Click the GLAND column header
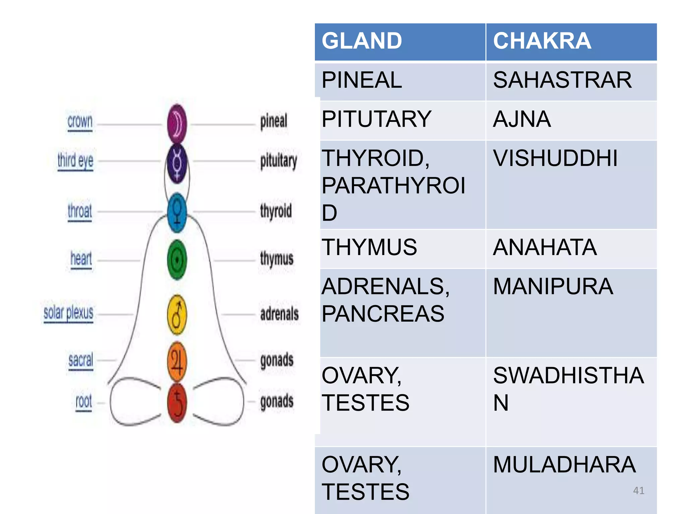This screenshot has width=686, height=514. tap(362, 41)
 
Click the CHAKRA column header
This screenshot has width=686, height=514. tap(542, 41)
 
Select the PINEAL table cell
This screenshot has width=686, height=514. tap(362, 80)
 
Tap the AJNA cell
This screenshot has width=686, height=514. tap(522, 119)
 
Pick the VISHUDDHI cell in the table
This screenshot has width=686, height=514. tap(555, 158)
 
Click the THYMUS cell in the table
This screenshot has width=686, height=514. tap(369, 248)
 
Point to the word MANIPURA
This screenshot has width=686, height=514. tap(553, 287)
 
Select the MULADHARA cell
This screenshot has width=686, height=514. tap(564, 465)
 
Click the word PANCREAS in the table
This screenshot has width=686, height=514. tap(383, 314)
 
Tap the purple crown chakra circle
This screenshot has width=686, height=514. tap(177, 123)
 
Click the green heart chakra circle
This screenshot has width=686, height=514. tap(177, 260)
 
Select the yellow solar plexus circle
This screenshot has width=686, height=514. tap(177, 315)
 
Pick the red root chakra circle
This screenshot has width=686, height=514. tap(177, 403)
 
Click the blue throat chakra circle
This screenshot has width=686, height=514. tap(177, 212)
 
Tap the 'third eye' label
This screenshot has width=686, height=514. tap(75, 161)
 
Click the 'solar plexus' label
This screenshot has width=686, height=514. tap(68, 313)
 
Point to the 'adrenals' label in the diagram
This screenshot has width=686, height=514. tap(279, 314)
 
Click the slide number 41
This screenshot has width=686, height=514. tap(638, 491)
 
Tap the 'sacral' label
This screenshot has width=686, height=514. tap(81, 360)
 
